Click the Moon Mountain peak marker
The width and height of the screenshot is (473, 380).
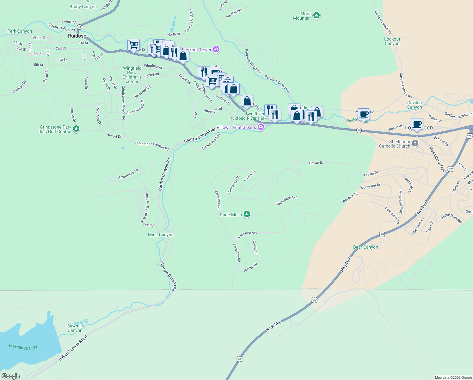pyautogui.click(x=316, y=15)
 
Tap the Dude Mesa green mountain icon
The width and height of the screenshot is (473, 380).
pyautogui.click(x=247, y=215)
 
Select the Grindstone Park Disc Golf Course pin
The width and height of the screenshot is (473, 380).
pyautogui.click(x=76, y=129)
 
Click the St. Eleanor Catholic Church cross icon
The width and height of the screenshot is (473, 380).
pyautogui.click(x=415, y=143)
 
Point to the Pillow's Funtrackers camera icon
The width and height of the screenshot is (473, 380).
pyautogui.click(x=261, y=127)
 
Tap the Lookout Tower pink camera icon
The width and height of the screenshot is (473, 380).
pyautogui.click(x=216, y=49)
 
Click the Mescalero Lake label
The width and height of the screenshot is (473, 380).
pyautogui.click(x=23, y=347)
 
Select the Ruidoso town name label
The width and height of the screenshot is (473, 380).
pyautogui.click(x=77, y=36)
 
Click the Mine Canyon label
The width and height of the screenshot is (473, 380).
pyautogui.click(x=161, y=235)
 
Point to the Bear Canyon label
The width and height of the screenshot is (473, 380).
pyautogui.click(x=365, y=247)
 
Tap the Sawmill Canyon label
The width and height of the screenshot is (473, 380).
pyautogui.click(x=75, y=328)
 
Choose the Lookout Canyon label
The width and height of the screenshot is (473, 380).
pyautogui.click(x=392, y=41)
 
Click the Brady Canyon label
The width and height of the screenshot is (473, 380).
pyautogui.click(x=83, y=7)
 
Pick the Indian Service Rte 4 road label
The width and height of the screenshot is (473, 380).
pyautogui.click(x=73, y=348)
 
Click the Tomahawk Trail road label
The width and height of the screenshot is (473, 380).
pyautogui.click(x=211, y=141)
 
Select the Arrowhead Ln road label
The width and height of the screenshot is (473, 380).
pyautogui.click(x=128, y=174)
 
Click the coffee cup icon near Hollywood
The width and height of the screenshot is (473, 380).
pyautogui.click(x=417, y=124)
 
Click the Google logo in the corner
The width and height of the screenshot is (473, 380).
pyautogui.click(x=11, y=376)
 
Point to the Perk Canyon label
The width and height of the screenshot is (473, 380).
pyautogui.click(x=20, y=31)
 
